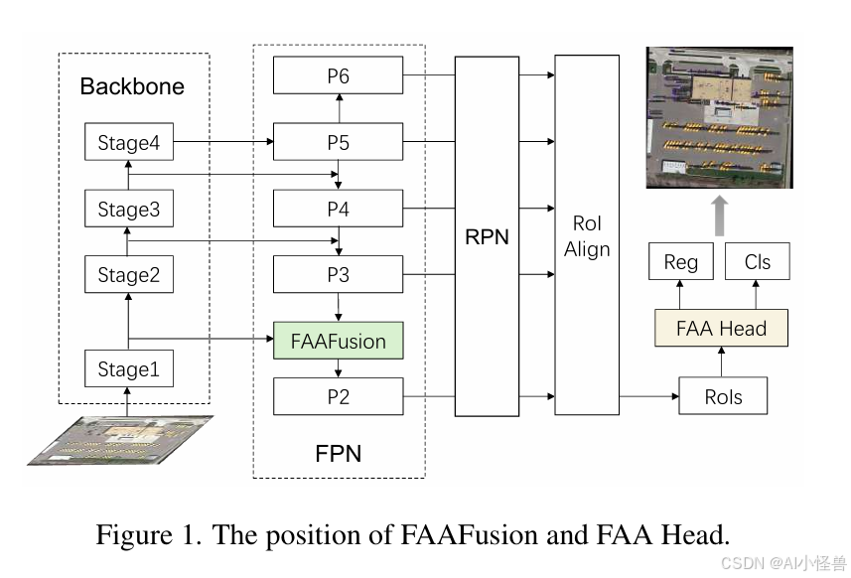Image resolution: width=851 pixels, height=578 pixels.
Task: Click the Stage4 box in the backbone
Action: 129,142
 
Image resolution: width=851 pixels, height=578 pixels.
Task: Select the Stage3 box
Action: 129,209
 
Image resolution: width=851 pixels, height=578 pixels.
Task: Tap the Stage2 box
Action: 129,274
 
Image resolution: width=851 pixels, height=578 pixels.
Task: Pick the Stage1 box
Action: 129,368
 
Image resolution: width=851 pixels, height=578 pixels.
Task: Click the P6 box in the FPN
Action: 339,74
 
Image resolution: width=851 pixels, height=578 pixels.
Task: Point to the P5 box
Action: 339,142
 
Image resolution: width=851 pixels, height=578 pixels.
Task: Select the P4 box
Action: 339,209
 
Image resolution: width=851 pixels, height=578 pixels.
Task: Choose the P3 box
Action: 339,274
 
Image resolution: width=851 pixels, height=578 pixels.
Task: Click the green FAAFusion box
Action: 339,341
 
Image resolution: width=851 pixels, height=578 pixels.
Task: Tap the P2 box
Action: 339,396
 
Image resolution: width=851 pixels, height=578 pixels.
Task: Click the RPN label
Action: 487,237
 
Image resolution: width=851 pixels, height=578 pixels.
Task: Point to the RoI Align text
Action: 587,236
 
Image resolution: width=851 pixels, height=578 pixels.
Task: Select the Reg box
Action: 681,261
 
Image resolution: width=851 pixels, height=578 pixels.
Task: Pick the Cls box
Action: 757,261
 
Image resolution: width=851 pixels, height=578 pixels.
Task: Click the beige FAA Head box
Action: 721,328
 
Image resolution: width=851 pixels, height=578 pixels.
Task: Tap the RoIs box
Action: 723,396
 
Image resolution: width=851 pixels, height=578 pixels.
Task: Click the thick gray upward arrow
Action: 720,216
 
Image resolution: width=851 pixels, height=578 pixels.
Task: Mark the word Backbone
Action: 132,86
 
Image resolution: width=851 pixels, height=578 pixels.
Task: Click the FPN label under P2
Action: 339,453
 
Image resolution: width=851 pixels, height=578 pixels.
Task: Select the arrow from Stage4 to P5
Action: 223,142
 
